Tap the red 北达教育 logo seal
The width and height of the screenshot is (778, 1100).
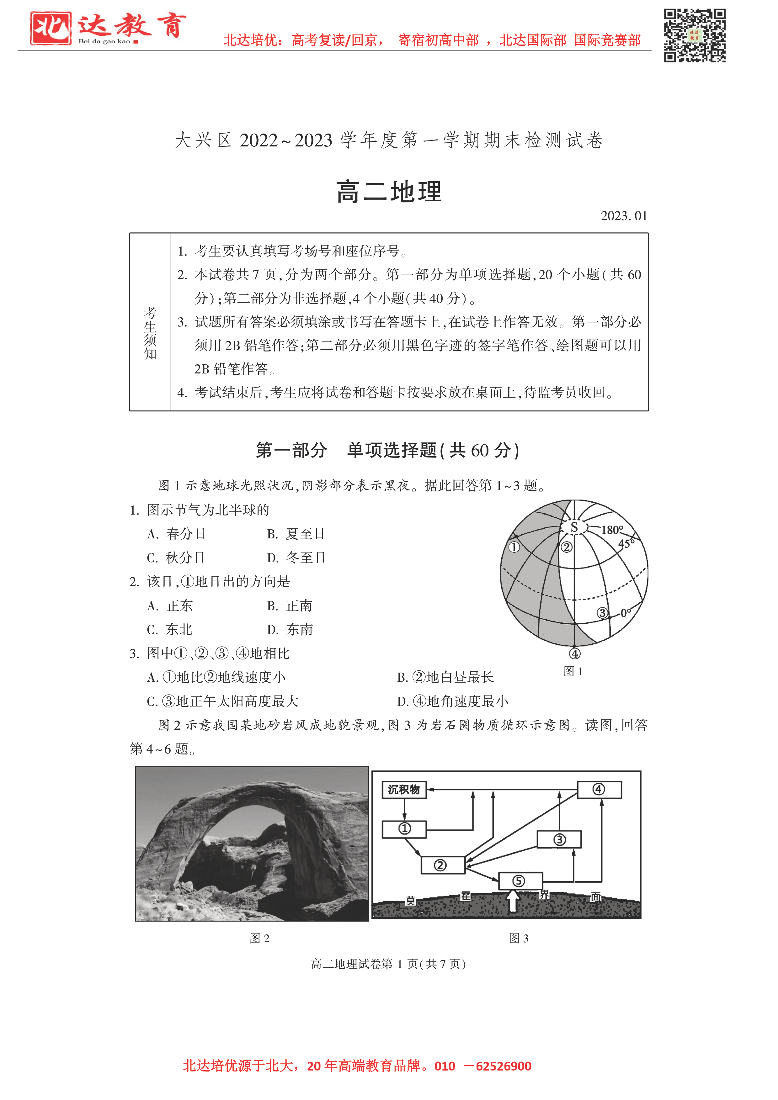click(x=50, y=28)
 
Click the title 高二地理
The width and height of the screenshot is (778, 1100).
click(x=389, y=192)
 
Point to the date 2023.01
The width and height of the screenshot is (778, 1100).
click(x=624, y=216)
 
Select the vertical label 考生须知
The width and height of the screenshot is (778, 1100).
click(x=150, y=333)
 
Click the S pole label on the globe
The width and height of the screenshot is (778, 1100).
click(x=574, y=527)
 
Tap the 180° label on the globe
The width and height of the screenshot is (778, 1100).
click(x=612, y=530)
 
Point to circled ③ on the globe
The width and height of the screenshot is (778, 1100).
click(x=602, y=613)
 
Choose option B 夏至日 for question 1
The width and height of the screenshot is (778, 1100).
click(x=296, y=534)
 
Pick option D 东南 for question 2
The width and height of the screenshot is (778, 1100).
click(x=290, y=630)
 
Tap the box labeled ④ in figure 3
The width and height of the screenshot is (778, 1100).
click(x=599, y=789)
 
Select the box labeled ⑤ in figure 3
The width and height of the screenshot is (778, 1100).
click(x=520, y=881)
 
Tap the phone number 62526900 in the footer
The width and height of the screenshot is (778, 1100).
click(x=503, y=1066)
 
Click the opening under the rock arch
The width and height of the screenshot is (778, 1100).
click(x=240, y=858)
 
